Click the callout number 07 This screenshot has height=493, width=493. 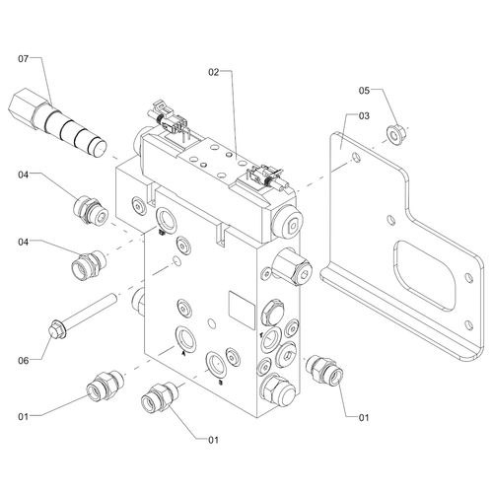(24, 59)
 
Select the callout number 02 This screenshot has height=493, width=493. (214, 72)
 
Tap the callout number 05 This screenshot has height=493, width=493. (364, 91)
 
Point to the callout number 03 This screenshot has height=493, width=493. (364, 115)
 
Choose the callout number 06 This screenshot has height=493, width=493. (24, 361)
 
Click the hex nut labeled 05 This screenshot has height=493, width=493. (395, 135)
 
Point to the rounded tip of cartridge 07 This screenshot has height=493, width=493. (98, 148)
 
